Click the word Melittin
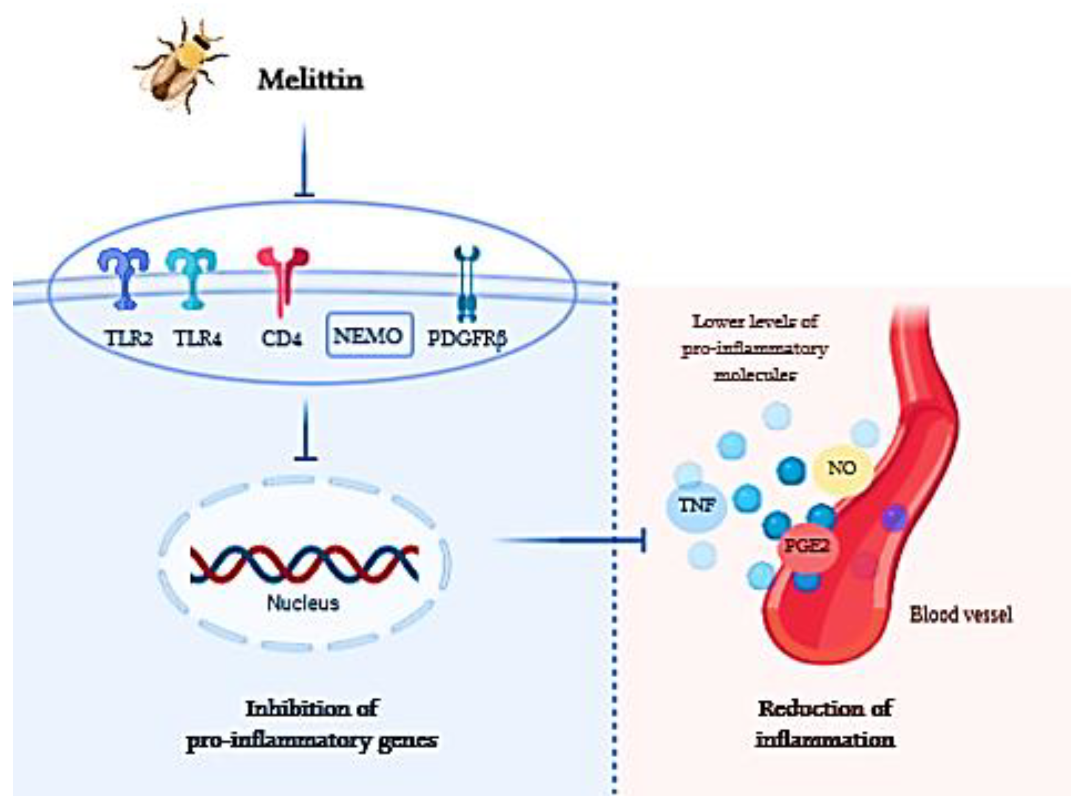(x=311, y=80)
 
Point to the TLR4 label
(x=198, y=338)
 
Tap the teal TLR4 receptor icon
(x=191, y=277)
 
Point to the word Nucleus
(x=303, y=603)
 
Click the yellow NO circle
(x=842, y=468)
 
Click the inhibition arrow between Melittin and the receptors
(x=304, y=161)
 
